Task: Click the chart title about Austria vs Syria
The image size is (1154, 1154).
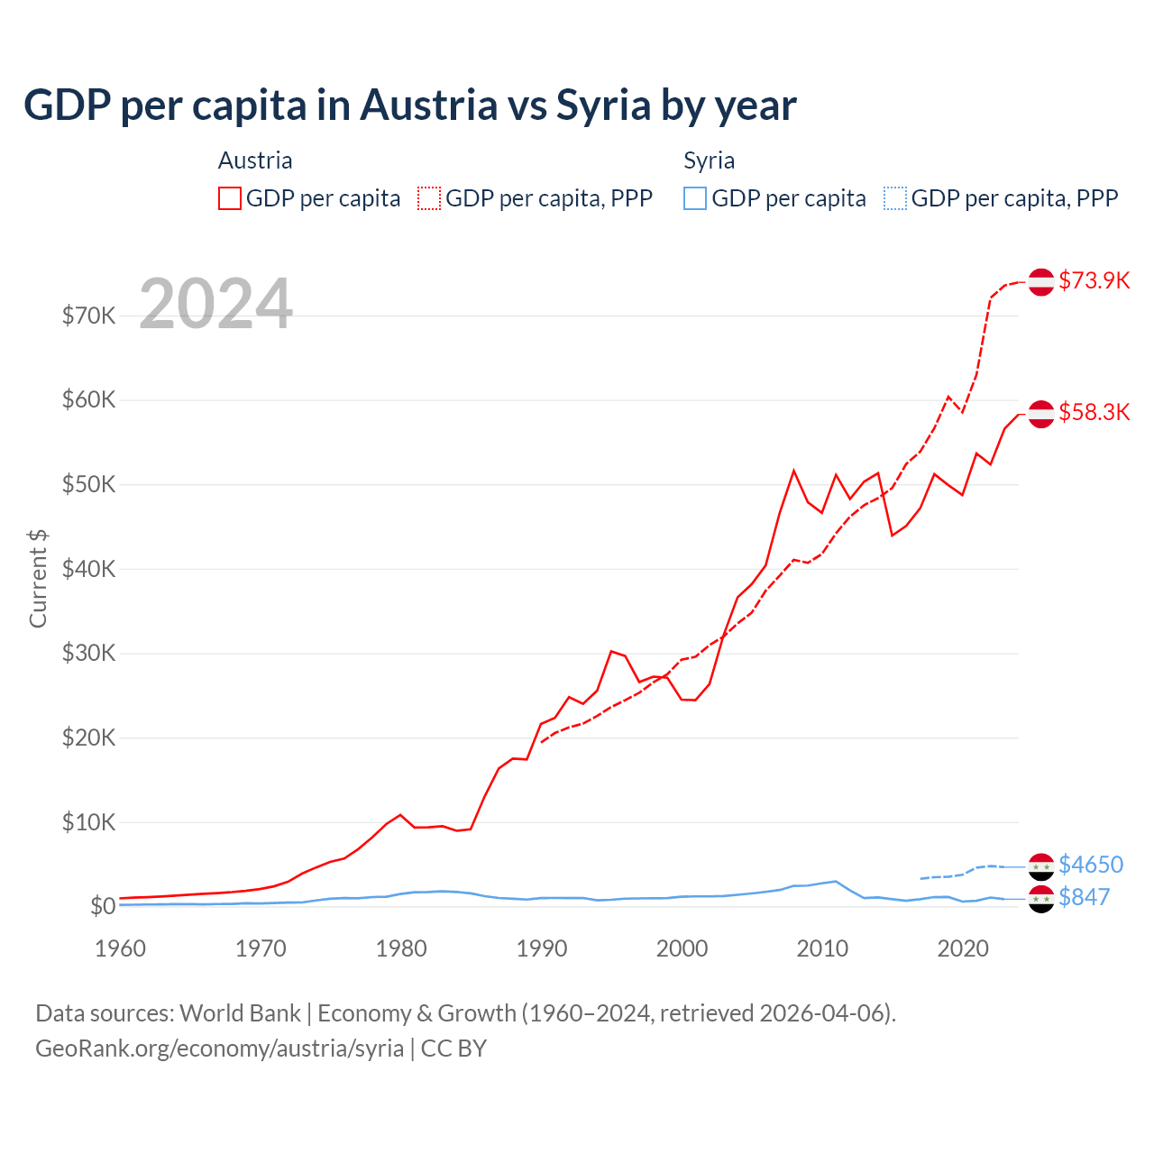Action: (410, 105)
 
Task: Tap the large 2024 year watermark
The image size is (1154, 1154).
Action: (215, 304)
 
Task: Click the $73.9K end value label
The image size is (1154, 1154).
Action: (1094, 280)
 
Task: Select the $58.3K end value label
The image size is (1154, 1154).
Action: (1094, 412)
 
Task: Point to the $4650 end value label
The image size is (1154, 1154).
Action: (1090, 865)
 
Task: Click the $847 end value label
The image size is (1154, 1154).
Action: (1084, 897)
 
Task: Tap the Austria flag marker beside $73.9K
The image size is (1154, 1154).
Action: (1041, 281)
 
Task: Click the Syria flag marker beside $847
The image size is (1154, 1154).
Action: (1041, 898)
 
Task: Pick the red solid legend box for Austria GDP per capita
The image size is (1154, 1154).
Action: (230, 198)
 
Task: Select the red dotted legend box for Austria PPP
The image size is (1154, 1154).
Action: (429, 198)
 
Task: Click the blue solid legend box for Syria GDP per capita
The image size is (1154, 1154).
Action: (695, 198)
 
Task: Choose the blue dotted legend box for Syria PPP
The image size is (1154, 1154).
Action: (895, 198)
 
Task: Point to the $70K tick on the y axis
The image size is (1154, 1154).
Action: (88, 316)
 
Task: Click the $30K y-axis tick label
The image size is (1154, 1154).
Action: (88, 653)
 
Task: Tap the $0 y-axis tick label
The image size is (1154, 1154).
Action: (102, 906)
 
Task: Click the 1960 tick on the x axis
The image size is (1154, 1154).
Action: (120, 948)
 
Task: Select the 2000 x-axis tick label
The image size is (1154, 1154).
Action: (682, 948)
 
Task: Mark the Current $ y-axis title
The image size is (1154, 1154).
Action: (38, 579)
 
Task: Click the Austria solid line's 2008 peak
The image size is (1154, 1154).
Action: (793, 471)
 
